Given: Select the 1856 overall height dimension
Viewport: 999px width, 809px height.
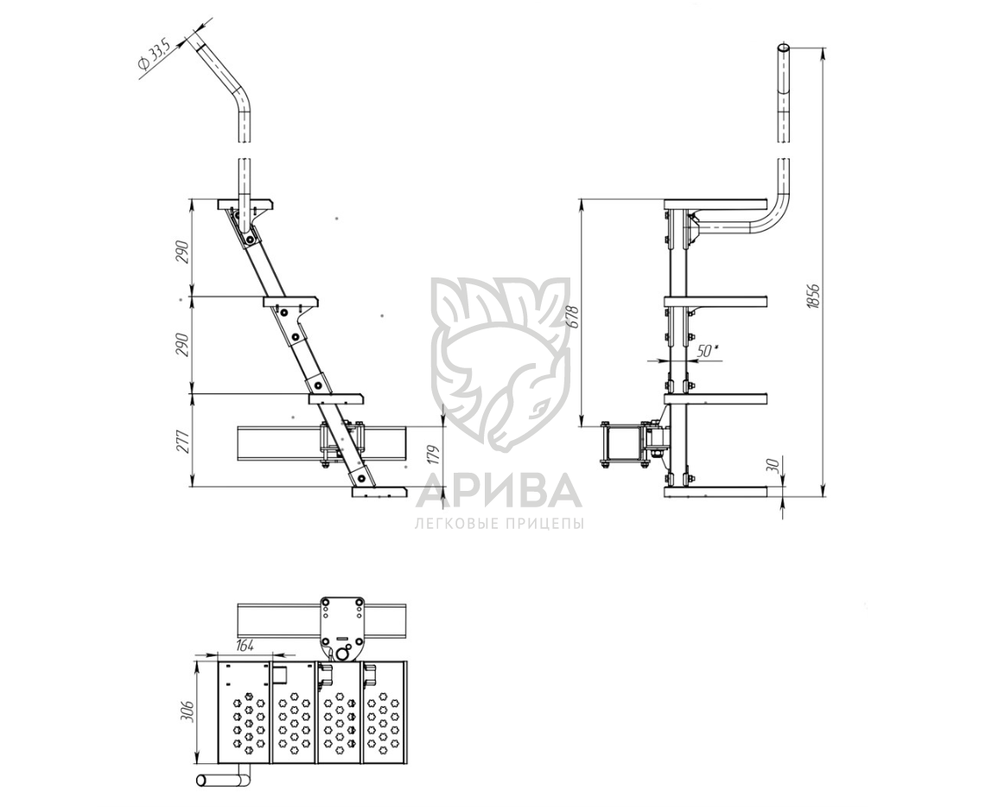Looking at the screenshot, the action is click(x=812, y=295).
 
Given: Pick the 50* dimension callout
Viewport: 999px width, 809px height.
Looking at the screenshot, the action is click(x=708, y=350).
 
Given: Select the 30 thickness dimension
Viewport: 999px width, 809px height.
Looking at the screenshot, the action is click(x=774, y=464).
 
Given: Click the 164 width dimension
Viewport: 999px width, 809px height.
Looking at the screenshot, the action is click(x=245, y=646).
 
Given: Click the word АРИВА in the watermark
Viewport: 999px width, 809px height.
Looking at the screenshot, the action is click(x=499, y=489).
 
